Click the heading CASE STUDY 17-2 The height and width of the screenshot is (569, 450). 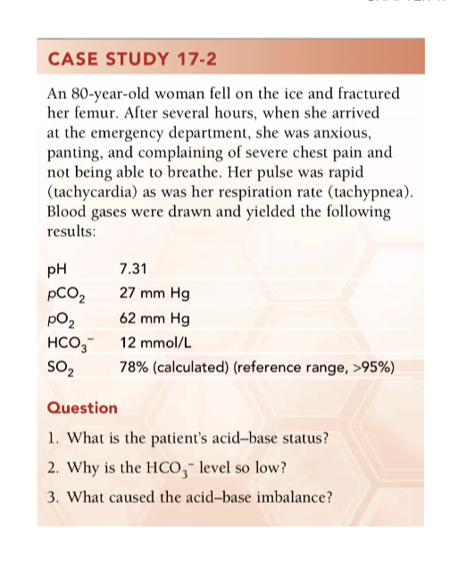(x=130, y=62)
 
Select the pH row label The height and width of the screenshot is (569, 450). (x=55, y=270)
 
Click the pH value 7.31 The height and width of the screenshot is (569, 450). (x=133, y=270)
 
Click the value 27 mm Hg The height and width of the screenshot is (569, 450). (x=153, y=294)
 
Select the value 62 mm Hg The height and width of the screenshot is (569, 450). (x=153, y=318)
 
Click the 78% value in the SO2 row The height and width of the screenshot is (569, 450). (x=133, y=366)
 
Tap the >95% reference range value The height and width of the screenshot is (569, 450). (x=377, y=366)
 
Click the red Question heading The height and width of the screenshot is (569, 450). (x=81, y=407)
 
